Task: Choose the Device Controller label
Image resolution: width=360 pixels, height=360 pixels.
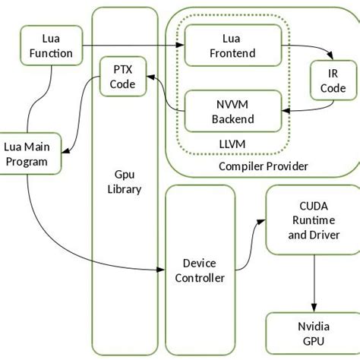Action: pyautogui.click(x=199, y=270)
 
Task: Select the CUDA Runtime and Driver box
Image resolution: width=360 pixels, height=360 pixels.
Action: pyautogui.click(x=313, y=219)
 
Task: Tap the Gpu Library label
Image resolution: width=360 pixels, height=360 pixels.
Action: pyautogui.click(x=124, y=182)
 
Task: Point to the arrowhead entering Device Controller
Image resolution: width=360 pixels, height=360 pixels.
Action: pyautogui.click(x=162, y=270)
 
